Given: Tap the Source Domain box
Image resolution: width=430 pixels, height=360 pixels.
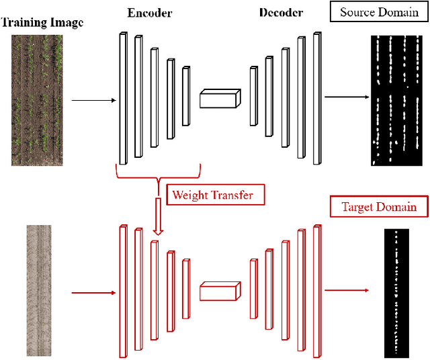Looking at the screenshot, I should (x=379, y=12).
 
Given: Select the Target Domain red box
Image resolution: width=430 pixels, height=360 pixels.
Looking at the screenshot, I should (x=380, y=206).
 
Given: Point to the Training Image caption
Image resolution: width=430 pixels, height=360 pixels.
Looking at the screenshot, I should (x=41, y=23).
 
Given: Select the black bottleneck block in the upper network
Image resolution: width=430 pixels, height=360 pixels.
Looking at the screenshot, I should (x=219, y=99).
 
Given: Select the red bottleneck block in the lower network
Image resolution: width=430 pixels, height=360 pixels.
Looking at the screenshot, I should (x=219, y=292).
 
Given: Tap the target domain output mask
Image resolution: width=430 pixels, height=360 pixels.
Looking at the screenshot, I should (x=396, y=293).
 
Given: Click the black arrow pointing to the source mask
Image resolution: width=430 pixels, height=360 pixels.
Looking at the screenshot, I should (x=346, y=97).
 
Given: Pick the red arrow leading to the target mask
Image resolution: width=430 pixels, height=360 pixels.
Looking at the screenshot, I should (x=346, y=290).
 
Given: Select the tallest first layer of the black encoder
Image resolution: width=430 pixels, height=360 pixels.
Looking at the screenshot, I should (x=123, y=98).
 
